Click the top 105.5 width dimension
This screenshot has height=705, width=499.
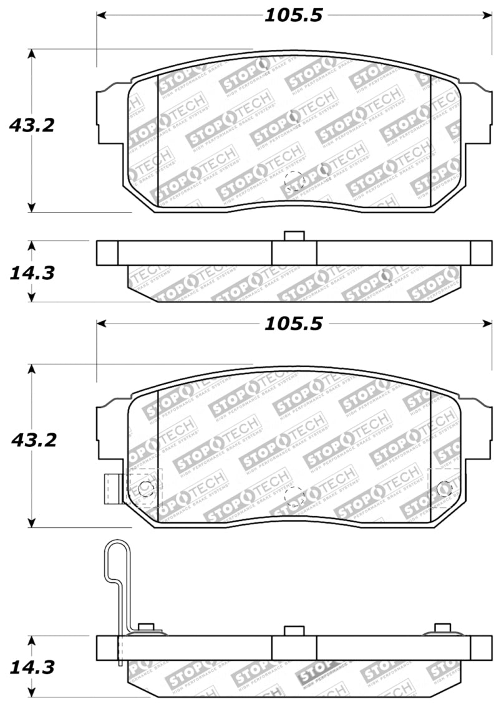(293, 15)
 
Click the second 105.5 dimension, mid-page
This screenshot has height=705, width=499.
(293, 324)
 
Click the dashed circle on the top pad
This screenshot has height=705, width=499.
(293, 181)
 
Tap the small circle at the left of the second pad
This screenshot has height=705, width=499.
(146, 489)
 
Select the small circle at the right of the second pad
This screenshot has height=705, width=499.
(445, 489)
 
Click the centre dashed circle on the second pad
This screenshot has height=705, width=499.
(294, 496)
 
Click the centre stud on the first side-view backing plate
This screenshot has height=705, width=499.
(293, 236)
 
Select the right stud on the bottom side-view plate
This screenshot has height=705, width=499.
(442, 627)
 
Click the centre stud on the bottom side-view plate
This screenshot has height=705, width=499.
(293, 631)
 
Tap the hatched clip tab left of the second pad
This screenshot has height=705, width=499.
(113, 489)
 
